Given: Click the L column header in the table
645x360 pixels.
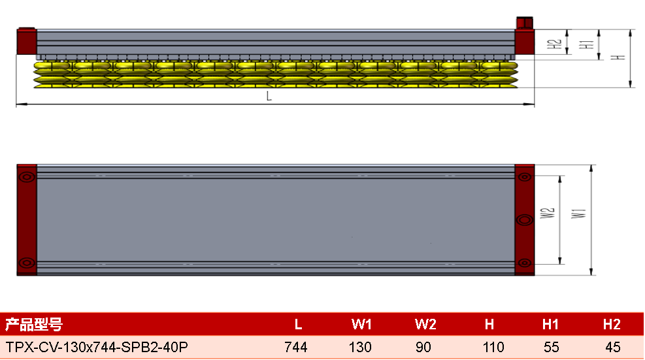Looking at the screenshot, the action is (298, 325).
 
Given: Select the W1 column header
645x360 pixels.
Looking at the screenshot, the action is (361, 325).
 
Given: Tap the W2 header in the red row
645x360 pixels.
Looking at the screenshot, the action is (425, 325).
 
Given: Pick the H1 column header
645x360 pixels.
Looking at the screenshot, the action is (550, 325).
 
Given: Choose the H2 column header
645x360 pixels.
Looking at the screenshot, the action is (612, 325).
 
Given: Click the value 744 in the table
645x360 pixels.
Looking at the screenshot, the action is (296, 347).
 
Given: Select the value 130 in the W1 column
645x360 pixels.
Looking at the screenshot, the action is (360, 347).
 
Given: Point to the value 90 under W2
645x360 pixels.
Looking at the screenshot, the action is (423, 347).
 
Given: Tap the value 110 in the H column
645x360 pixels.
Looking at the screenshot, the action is (493, 347).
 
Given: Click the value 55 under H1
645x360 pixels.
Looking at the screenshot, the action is (551, 347).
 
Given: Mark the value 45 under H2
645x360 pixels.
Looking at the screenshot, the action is (613, 347).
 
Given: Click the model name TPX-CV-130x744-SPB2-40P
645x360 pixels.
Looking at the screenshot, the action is (97, 347).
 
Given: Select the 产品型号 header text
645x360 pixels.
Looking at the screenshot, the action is (34, 325).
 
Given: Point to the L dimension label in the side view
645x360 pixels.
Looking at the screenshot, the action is (269, 96).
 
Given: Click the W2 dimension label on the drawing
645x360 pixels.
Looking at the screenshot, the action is (548, 213).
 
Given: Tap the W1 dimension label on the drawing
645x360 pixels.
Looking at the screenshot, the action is (578, 213).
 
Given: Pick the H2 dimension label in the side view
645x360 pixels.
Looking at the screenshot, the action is (555, 44).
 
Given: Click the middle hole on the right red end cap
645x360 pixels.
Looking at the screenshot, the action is (525, 220).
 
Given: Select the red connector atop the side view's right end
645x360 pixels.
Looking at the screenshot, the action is (525, 23).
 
